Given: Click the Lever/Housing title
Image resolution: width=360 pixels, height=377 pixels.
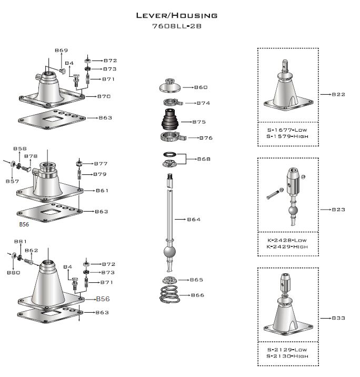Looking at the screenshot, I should click(x=176, y=15).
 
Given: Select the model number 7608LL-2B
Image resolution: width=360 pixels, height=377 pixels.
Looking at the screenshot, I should click(x=176, y=26).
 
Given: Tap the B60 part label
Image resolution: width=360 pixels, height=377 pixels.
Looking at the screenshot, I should click(x=201, y=87).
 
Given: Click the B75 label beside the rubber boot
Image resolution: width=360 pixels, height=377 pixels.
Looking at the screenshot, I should click(x=199, y=122).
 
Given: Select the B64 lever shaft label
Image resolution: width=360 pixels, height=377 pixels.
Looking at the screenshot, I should click(x=194, y=219).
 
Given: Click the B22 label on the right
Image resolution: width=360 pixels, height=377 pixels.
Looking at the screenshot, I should click(x=338, y=94).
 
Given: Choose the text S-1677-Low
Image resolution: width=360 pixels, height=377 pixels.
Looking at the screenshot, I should click(x=287, y=129).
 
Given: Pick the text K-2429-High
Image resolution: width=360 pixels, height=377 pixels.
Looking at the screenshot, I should click(x=287, y=246).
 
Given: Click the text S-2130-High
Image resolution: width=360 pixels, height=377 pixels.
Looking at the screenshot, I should click(x=287, y=356).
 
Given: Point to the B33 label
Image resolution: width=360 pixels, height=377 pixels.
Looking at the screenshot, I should click(x=338, y=318).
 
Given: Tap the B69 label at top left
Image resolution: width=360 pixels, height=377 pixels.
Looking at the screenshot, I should click(x=61, y=50).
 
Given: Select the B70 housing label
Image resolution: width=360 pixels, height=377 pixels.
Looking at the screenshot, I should click(x=104, y=96).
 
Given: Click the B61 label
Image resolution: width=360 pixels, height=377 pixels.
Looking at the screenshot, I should click(x=102, y=191).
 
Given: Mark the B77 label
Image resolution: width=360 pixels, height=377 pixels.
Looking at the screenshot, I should click(x=100, y=164).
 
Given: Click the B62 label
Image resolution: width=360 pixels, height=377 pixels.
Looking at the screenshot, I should click(x=32, y=251).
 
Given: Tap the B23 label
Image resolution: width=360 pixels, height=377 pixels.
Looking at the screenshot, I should click(x=338, y=210).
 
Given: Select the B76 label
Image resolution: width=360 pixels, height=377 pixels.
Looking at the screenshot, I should click(x=205, y=138).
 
